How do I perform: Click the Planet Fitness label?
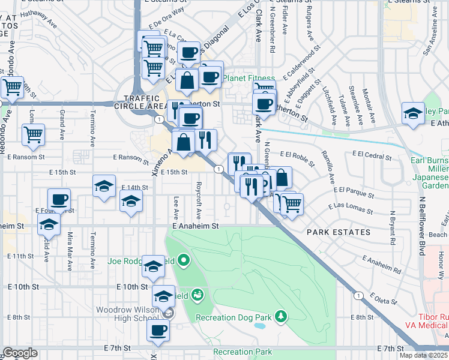pos(249,79)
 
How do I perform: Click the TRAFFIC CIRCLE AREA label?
pos(143,102)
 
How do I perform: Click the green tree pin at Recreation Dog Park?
pos(280,316)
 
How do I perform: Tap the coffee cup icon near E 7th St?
pos(158,330)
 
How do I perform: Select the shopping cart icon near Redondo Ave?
pos(11,88)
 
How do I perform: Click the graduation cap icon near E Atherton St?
pos(413,113)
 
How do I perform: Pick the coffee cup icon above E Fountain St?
pos(59,199)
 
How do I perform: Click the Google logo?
pos(20,353)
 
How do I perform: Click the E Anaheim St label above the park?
pos(193,226)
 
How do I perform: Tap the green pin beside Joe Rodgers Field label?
pos(184,260)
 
